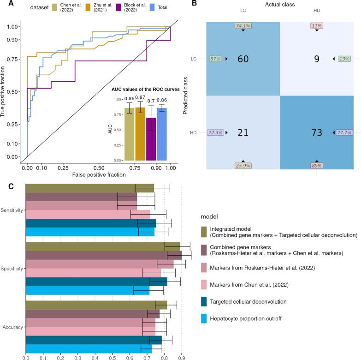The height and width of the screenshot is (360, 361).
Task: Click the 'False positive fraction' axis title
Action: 98,175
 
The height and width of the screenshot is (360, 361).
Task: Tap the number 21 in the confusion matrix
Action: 244,133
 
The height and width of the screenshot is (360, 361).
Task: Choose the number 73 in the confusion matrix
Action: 316,133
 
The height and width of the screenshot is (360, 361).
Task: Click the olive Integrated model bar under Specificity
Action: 102,246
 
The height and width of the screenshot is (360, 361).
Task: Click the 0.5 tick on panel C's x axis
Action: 112,357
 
